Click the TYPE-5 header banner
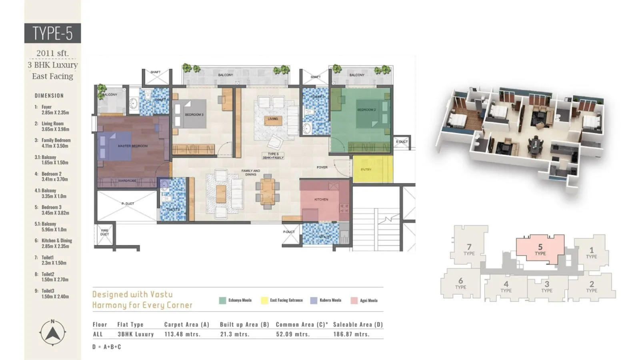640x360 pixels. (52, 33)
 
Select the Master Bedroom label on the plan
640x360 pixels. (132, 146)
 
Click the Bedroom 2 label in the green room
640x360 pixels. (366, 110)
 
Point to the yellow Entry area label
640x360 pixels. (366, 170)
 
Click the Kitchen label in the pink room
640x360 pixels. (321, 199)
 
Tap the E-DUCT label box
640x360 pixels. (402, 142)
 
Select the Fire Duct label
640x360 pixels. (104, 232)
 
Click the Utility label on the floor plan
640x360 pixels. (325, 237)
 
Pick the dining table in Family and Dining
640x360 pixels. (268, 192)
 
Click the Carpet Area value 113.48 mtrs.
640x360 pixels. (182, 334)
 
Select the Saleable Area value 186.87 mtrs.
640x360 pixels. (351, 334)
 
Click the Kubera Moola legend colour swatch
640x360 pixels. (314, 300)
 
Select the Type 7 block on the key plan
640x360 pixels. (469, 250)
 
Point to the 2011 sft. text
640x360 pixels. (52, 53)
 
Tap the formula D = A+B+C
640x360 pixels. (106, 347)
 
